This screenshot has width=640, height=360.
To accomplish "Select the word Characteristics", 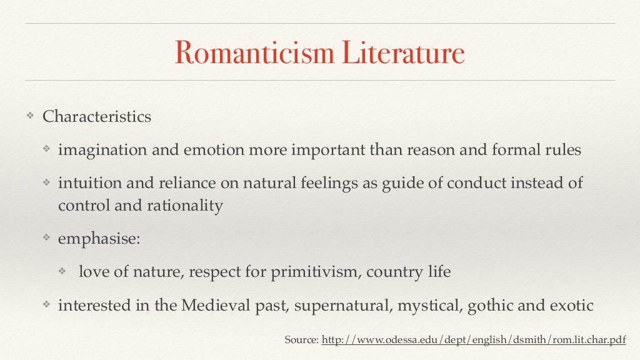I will coord(97,117).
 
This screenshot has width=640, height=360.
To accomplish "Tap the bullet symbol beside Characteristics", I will coord(29,117).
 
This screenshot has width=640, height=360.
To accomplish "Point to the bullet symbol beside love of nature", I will coord(62,272).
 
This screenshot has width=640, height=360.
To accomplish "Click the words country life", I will coord(409,272).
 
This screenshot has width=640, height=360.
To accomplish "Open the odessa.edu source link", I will coord(473,340).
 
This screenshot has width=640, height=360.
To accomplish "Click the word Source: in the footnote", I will coord(301,340).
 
